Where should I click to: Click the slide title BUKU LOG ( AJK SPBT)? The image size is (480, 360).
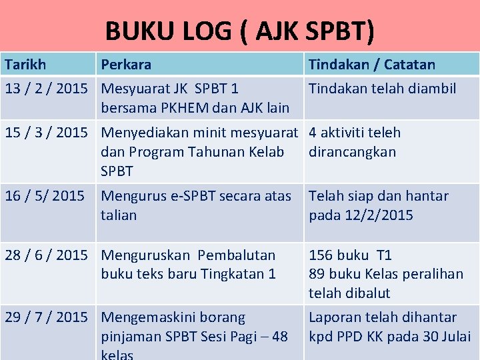coord(240,31)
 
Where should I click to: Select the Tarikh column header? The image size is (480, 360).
coord(25,65)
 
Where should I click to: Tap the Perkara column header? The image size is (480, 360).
coord(126,65)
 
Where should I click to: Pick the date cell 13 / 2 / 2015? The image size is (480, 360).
coord(46,88)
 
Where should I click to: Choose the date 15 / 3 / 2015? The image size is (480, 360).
coord(46,132)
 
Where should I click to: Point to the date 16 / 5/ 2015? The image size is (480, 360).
coord(45,195)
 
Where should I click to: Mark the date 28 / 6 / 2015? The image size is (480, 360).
coord(46,255)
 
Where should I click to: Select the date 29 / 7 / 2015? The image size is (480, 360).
coord(46,317)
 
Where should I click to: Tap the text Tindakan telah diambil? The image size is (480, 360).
coord(383,88)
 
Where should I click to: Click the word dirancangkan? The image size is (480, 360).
coord(352,151)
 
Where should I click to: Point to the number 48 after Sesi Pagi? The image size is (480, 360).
coord(280,337)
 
